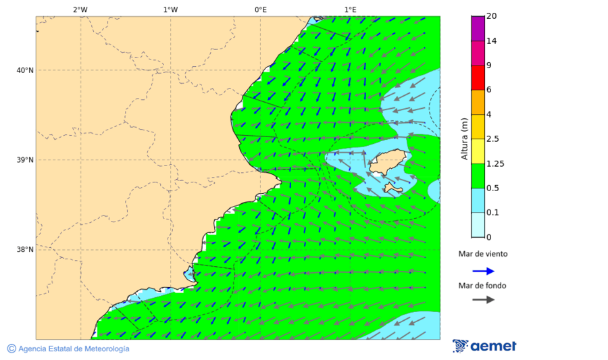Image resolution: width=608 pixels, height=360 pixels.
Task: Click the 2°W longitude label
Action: click(80, 9)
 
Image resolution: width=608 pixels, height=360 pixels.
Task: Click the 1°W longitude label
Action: click(170, 9)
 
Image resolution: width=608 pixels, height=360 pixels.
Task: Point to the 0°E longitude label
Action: click(260, 9)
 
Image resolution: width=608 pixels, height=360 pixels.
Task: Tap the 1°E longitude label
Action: click(350, 9)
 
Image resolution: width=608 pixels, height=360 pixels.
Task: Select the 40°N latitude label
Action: click(25, 70)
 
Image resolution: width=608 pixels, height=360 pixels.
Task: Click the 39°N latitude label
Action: click(25, 160)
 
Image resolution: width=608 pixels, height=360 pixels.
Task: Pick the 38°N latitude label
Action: click(25, 250)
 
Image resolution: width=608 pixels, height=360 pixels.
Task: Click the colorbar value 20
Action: click(491, 16)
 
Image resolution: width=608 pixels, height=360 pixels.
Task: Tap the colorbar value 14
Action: click(491, 41)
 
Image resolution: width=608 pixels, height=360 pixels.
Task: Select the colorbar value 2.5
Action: click(492, 139)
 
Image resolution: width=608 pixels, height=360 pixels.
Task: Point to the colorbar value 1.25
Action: click(495, 163)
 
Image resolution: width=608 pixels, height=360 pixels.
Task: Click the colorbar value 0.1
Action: click(492, 213)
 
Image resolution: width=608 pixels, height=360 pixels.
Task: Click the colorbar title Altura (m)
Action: click(465, 138)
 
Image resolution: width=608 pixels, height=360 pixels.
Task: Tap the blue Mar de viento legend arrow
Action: click(483, 271)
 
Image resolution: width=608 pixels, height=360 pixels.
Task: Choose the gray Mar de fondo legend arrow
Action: click(483, 299)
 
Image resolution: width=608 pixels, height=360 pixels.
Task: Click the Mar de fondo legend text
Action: click(482, 286)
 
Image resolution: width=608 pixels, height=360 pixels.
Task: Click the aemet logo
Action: click(484, 346)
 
